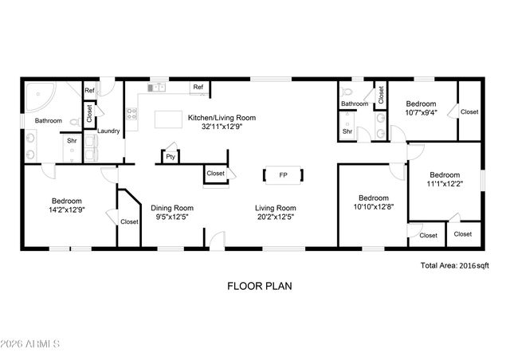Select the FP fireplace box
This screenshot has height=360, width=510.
(283, 175)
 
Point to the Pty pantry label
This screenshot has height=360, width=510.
(171, 157)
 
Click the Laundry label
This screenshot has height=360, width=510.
(108, 131)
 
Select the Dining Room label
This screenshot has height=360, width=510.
(173, 208)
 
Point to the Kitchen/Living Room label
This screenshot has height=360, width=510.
(221, 118)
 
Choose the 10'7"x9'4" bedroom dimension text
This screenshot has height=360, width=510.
(421, 113)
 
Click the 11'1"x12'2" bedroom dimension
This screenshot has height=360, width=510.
(445, 184)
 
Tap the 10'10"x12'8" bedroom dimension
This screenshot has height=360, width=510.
(373, 207)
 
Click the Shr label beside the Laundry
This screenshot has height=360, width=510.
(71, 142)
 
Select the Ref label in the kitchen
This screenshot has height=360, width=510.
(198, 87)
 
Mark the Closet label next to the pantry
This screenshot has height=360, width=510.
(215, 173)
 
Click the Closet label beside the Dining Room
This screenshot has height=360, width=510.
(129, 221)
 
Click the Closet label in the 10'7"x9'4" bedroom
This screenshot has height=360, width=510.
(469, 112)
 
